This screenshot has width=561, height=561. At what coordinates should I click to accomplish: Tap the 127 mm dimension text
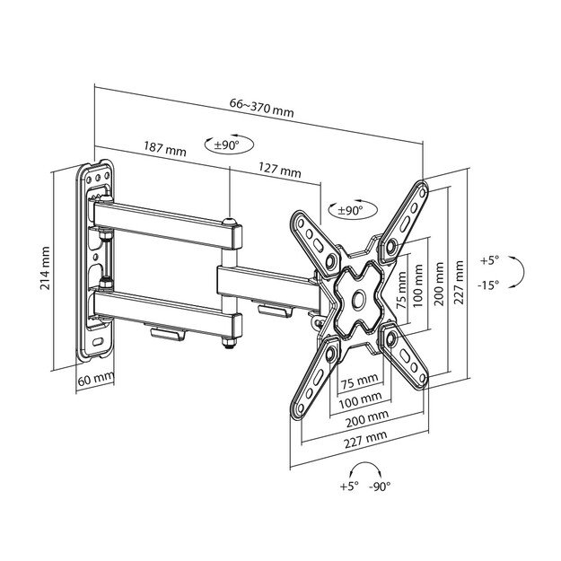click(279, 170)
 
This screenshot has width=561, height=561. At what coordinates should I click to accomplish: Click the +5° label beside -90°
click(348, 486)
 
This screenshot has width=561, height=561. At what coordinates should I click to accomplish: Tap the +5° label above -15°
click(487, 260)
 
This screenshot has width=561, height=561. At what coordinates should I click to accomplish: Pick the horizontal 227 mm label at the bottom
click(364, 435)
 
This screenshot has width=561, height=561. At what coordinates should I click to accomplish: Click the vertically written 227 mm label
click(460, 283)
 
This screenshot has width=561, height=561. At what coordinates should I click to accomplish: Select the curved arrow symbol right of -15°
click(518, 272)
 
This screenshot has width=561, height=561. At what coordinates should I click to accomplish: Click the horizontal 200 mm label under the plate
click(365, 416)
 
